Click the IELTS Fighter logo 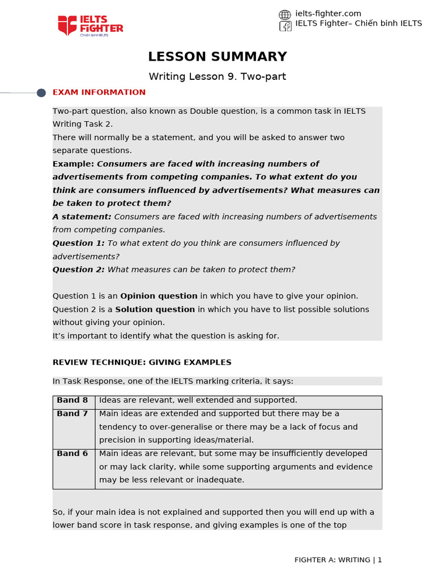pos(90,25)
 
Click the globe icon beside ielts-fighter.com pos(285,15)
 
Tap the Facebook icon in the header pos(285,26)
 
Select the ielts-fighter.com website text pos(328,14)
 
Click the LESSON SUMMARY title pos(217,57)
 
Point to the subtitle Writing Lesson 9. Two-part pos(217,76)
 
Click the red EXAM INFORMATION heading pos(99,92)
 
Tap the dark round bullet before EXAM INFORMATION pos(41,93)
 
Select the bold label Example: pos(74,164)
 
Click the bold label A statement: pos(82,217)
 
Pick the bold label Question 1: pos(79,243)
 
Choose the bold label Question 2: pos(79,270)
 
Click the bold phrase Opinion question pos(159,296)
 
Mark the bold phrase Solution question pos(155,310)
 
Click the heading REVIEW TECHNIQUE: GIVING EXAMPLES pos(142,362)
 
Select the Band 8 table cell pos(72,400)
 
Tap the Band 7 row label pos(72,414)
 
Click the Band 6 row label pos(72,454)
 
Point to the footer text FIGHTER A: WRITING pos(332,560)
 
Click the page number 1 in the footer pos(379,560)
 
